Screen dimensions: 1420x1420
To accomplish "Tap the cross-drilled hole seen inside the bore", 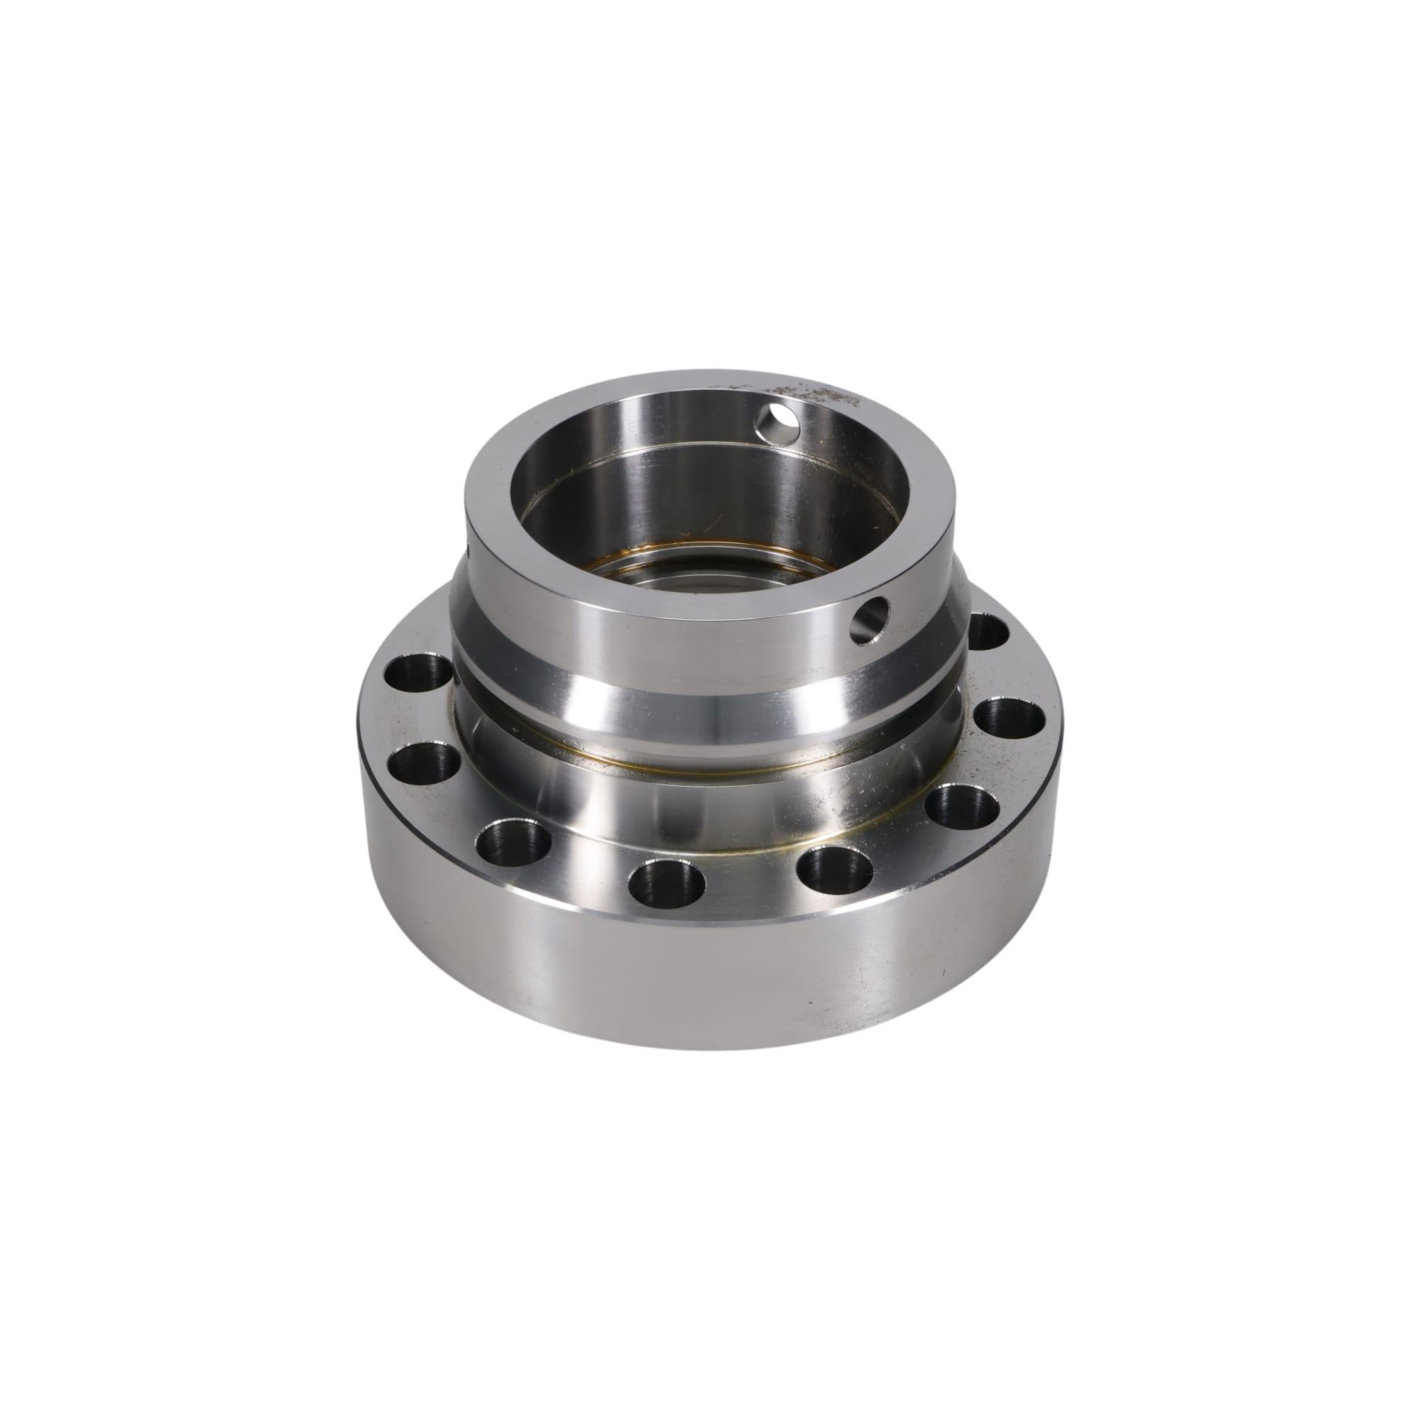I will click(778, 423).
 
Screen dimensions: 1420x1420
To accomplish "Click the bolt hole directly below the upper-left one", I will click(425, 764).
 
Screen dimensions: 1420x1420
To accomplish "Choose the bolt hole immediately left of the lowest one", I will click(514, 841).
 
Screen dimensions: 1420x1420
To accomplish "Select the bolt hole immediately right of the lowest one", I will click(834, 870).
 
